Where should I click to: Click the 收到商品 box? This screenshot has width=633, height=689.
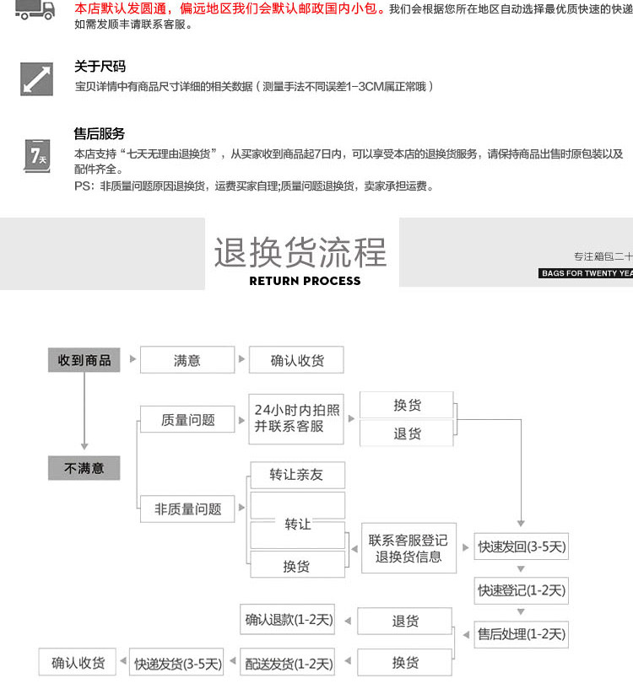point(84,360)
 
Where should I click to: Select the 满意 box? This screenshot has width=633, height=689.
point(187,360)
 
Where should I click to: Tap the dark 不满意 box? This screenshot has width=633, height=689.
point(84,468)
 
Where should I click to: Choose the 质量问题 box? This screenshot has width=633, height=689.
point(187,419)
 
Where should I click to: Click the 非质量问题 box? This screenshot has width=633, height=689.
point(187,509)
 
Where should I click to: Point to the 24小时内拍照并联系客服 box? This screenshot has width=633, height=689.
point(297,418)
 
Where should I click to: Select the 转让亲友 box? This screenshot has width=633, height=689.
point(297,475)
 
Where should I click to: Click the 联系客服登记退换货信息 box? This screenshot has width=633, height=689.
point(408,548)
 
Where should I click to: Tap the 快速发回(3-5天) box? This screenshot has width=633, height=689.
point(522,546)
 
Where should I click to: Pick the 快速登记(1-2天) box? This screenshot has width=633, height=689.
point(522,590)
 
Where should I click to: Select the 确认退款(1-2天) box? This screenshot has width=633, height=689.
point(289,621)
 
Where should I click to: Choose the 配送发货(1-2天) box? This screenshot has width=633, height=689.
point(289,663)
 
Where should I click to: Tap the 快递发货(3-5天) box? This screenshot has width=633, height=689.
point(178,663)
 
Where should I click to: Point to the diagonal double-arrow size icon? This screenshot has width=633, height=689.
point(37,78)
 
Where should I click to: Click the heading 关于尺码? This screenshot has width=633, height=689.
point(100,67)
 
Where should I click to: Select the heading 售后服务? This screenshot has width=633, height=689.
point(100,133)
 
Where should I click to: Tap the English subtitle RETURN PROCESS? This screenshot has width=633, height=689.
point(305,281)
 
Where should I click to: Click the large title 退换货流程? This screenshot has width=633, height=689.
point(300,252)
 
